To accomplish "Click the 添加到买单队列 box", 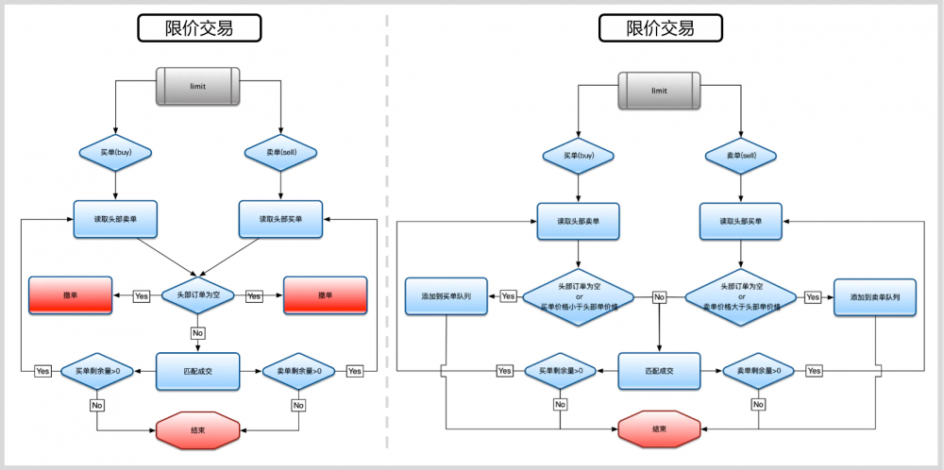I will pyautogui.click(x=446, y=296).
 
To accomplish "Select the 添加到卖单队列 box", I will pyautogui.click(x=875, y=296).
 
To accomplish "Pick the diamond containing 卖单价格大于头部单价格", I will pyautogui.click(x=740, y=296).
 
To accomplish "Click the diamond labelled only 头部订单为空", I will pyautogui.click(x=198, y=295).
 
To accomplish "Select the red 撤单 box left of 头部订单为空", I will pyautogui.click(x=70, y=295).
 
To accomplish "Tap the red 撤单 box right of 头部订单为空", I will pyautogui.click(x=325, y=295).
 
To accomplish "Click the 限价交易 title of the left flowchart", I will pyautogui.click(x=198, y=28).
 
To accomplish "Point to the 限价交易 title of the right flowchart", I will pyautogui.click(x=660, y=28).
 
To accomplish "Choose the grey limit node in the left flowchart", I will pyautogui.click(x=198, y=86).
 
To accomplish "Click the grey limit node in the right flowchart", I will pyautogui.click(x=660, y=91).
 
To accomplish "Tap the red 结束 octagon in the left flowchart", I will pyautogui.click(x=198, y=429).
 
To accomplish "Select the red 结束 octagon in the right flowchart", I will pyautogui.click(x=660, y=429).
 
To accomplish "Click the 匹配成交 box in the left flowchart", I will pyautogui.click(x=198, y=371).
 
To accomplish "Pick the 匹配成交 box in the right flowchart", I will pyautogui.click(x=660, y=371).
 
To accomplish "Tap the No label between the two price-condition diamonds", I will pyautogui.click(x=660, y=296).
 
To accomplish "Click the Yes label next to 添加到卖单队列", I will pyautogui.click(x=813, y=296).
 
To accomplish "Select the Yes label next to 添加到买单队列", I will pyautogui.click(x=508, y=296).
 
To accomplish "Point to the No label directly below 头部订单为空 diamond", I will pyautogui.click(x=198, y=333).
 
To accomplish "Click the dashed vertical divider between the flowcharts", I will pyautogui.click(x=386, y=236).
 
